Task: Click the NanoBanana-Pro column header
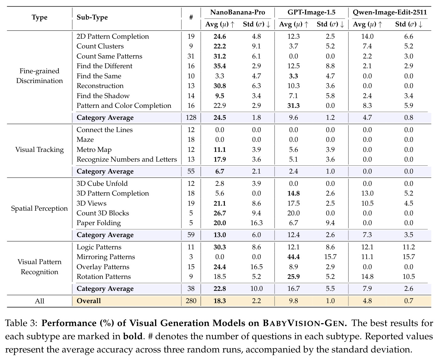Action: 238,12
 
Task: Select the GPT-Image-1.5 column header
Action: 311,12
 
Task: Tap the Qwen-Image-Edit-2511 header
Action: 390,12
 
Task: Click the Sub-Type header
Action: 92,17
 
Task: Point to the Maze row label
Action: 85,140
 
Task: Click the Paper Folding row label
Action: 99,223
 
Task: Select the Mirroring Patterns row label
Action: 106,257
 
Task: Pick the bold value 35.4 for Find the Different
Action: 220,66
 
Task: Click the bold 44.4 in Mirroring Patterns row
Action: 293,257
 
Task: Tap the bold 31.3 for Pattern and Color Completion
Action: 293,106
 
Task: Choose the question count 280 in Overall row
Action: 191,301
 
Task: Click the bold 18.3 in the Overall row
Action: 220,301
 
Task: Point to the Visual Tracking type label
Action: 39,150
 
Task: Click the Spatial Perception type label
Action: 39,208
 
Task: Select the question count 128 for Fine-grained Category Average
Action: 191,118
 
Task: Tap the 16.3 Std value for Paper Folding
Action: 257,223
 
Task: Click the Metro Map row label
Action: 94,150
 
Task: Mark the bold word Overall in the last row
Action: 89,301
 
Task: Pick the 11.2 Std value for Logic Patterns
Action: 409,247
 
